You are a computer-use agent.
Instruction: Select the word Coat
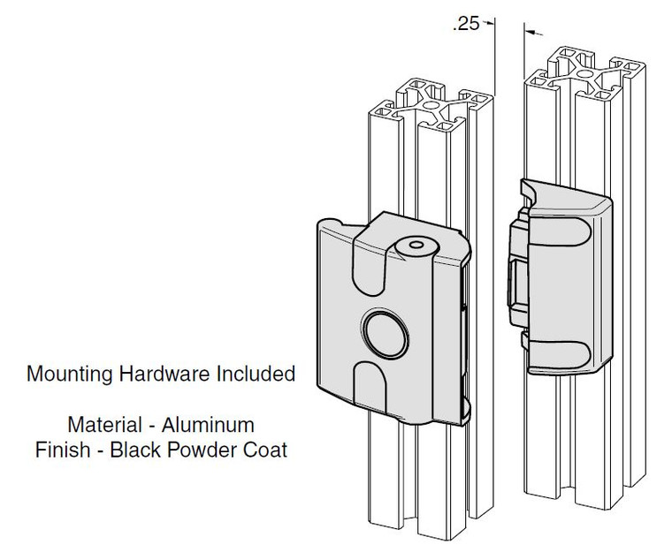268,449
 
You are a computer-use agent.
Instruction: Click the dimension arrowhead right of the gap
532,33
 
